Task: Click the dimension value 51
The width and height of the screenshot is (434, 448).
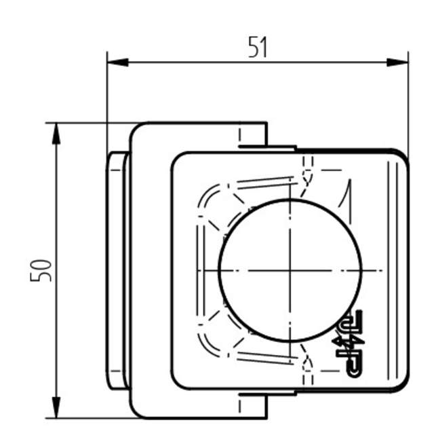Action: point(257,48)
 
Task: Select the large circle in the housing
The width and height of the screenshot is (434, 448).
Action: point(290,270)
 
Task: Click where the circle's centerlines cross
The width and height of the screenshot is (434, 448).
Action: point(290,270)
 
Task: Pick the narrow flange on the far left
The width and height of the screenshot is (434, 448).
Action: point(115,270)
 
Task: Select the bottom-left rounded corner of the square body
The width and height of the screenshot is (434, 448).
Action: point(177,384)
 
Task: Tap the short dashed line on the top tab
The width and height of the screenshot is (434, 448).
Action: point(241,136)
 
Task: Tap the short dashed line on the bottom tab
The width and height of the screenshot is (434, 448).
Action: point(241,406)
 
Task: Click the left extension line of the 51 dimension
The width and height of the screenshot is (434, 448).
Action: point(107,102)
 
